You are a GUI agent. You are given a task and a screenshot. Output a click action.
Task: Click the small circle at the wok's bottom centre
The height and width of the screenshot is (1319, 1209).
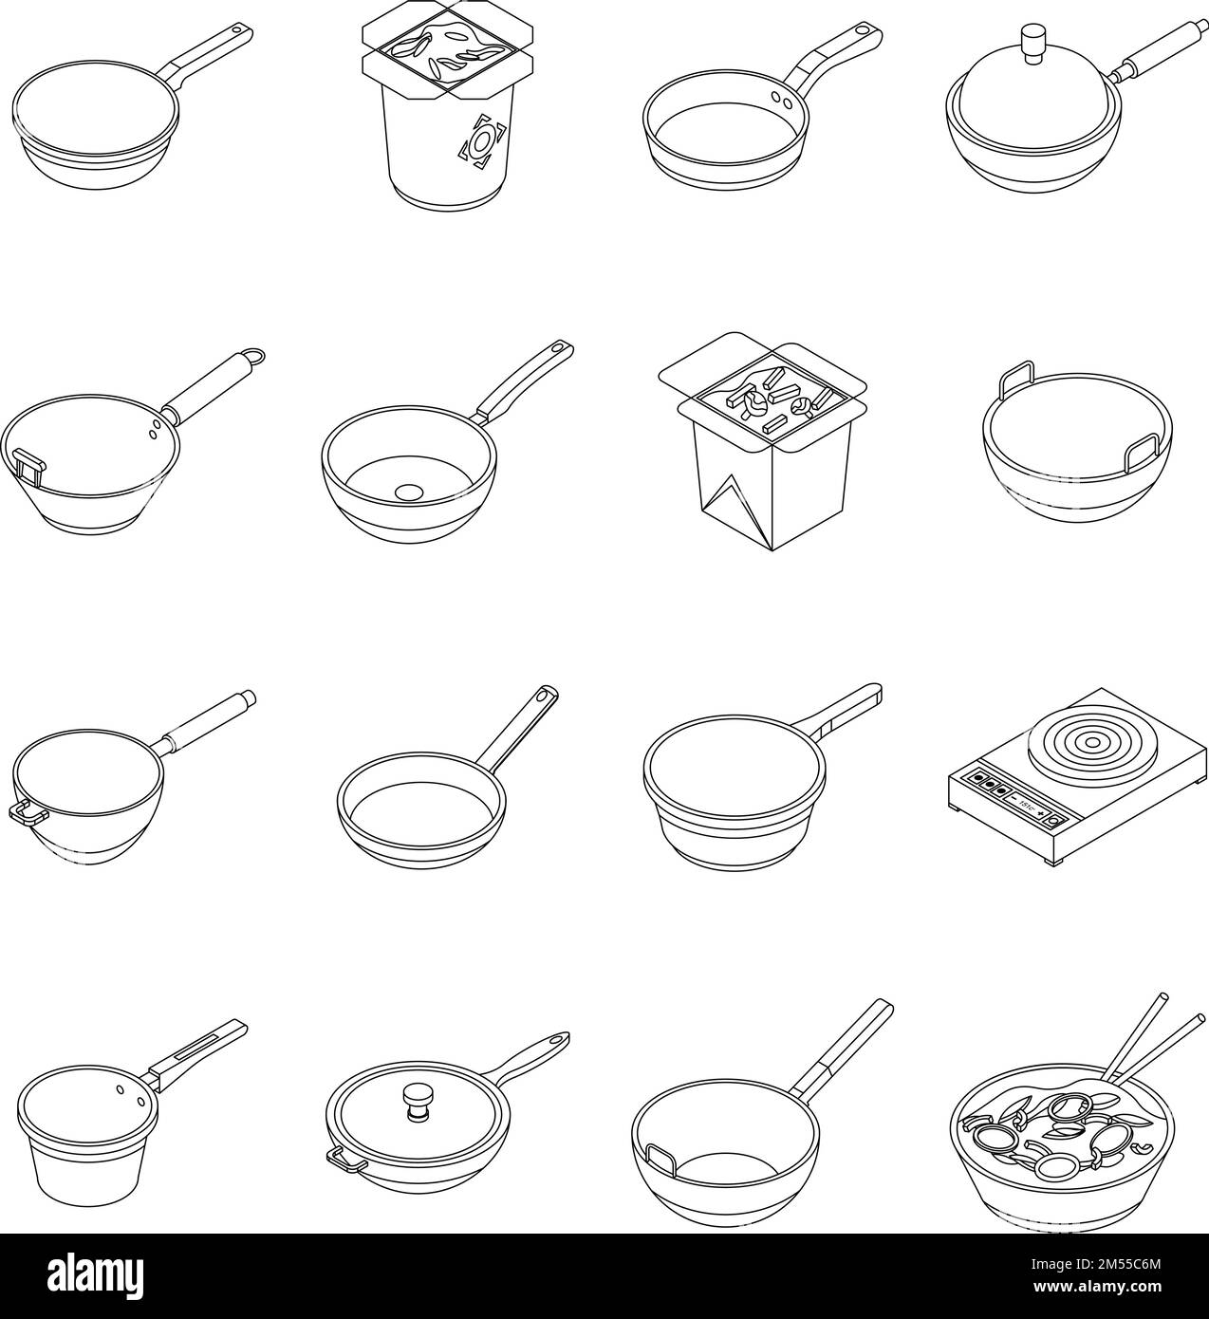(408, 492)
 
